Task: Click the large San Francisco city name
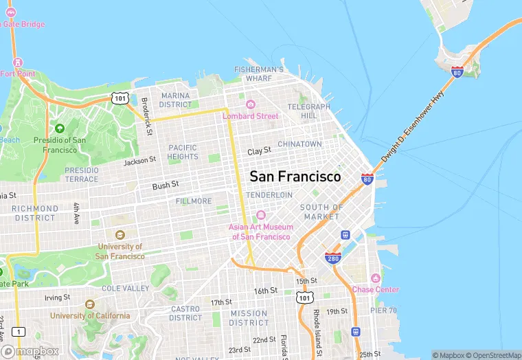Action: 295,177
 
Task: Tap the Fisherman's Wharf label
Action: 258,74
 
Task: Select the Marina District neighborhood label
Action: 176,100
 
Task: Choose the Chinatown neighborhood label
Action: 299,144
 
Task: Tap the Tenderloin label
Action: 269,195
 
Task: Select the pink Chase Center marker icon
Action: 375,278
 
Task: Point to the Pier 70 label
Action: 384,310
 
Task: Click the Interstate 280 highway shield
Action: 334,257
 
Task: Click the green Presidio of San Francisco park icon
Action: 60,128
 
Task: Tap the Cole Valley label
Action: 126,289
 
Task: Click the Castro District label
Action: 185,313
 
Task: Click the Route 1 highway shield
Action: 19,332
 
